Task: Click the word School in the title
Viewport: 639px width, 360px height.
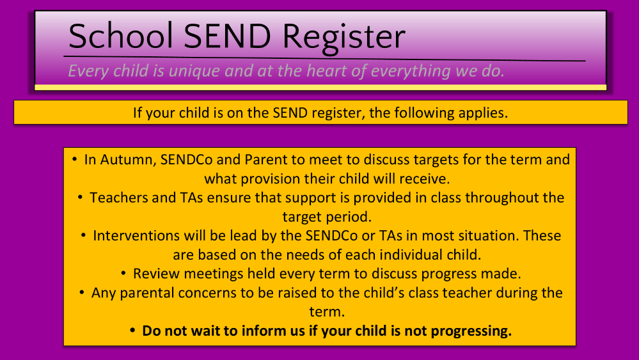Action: (x=121, y=36)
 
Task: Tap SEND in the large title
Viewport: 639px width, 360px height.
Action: (x=228, y=36)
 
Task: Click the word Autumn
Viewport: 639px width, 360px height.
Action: (x=129, y=160)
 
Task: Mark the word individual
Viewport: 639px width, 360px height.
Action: (x=411, y=255)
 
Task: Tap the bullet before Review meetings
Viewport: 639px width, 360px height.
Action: (x=123, y=273)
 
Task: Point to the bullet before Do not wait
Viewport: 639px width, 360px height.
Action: (x=132, y=331)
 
